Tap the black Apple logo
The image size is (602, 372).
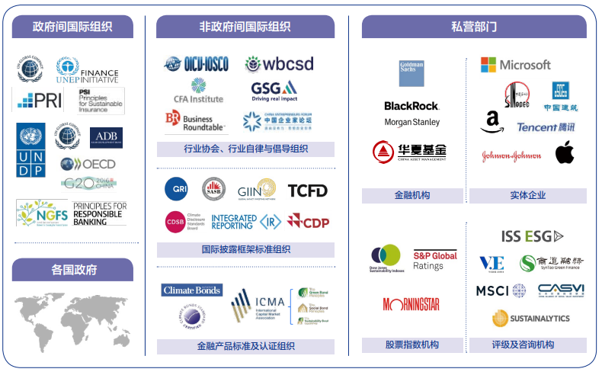(564, 152)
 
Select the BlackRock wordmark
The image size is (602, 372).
(411, 106)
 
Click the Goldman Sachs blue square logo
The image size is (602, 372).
(411, 74)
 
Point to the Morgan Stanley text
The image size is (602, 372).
(412, 122)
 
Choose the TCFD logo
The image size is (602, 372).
(307, 190)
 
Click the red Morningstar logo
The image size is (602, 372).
(411, 304)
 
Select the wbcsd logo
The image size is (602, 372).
(279, 64)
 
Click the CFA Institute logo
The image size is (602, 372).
(198, 91)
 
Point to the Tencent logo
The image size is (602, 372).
(546, 127)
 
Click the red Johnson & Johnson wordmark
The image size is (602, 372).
(511, 156)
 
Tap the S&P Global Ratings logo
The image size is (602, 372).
(435, 260)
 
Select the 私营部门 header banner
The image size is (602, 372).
(474, 27)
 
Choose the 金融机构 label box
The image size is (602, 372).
(412, 195)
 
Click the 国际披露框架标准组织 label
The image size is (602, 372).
(245, 249)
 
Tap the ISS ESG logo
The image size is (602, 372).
(532, 236)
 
